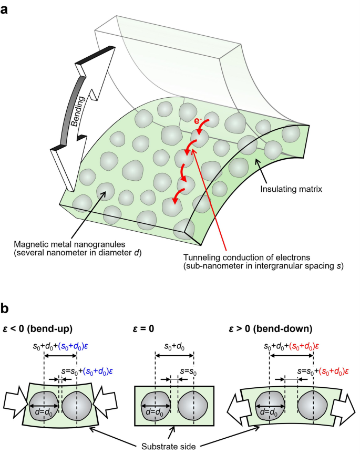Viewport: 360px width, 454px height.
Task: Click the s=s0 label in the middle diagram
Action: [184, 370]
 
